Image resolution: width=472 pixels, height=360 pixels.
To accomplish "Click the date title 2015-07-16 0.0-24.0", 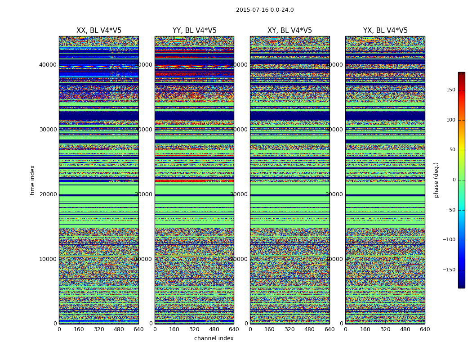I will pyautogui.click(x=265, y=10).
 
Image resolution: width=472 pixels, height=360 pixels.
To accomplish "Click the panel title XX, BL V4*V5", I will pyautogui.click(x=99, y=31).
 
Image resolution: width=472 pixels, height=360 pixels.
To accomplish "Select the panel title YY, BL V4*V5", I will pyautogui.click(x=194, y=31).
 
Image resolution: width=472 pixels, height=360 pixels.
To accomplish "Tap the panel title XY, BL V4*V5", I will pyautogui.click(x=289, y=31).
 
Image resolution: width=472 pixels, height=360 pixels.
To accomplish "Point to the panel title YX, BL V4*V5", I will pyautogui.click(x=385, y=31).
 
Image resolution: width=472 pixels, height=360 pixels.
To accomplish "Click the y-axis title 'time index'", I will pyautogui.click(x=32, y=180).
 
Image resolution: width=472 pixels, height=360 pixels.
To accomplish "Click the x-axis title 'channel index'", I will pyautogui.click(x=214, y=338).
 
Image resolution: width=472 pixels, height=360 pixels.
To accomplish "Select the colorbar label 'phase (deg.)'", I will pyautogui.click(x=436, y=180).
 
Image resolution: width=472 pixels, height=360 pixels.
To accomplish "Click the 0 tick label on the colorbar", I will pyautogui.click(x=453, y=180).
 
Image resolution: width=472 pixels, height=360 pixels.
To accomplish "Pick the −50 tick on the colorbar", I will pyautogui.click(x=449, y=210).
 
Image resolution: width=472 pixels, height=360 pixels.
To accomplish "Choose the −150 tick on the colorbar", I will pyautogui.click(x=448, y=270).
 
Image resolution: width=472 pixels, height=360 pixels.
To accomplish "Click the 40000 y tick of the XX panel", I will pyautogui.click(x=48, y=65).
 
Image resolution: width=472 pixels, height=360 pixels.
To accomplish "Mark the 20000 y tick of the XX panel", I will pyautogui.click(x=48, y=194).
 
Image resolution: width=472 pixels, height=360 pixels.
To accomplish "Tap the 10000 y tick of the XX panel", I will pyautogui.click(x=48, y=259).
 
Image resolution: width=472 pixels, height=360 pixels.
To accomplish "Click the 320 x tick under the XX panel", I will pyautogui.click(x=99, y=329).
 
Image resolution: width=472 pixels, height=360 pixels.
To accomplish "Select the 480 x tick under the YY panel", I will pyautogui.click(x=214, y=329).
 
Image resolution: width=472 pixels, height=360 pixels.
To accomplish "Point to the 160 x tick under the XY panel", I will pyautogui.click(x=270, y=329).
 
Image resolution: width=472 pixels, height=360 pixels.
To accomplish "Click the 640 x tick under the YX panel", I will pyautogui.click(x=424, y=329).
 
